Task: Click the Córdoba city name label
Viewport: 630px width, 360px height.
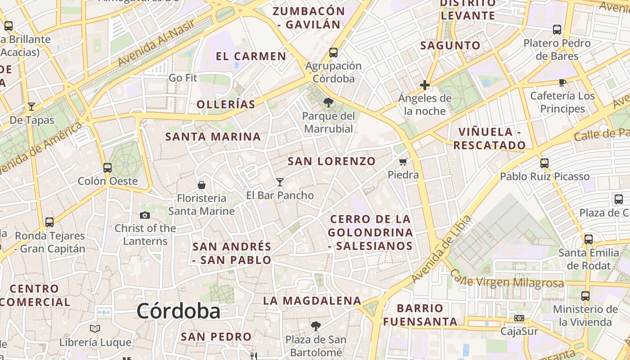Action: point(179,311)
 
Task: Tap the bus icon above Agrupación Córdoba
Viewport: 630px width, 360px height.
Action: point(333,52)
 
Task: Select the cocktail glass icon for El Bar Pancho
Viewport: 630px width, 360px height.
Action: point(280,182)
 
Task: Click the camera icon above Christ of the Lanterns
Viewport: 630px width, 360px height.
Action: point(145,215)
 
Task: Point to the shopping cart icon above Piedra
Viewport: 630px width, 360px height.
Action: point(403,162)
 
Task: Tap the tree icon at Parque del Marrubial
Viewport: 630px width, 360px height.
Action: point(328,103)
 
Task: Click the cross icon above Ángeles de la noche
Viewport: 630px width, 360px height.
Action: point(424,85)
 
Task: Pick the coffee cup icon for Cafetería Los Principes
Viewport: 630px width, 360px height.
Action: point(562,82)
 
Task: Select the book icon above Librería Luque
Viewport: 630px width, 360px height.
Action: point(95,328)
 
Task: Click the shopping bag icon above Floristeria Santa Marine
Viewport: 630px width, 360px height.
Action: point(202,185)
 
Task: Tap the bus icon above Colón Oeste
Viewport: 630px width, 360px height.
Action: point(108,168)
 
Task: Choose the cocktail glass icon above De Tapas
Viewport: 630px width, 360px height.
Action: point(31,107)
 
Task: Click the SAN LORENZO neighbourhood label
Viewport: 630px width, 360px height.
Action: point(332,161)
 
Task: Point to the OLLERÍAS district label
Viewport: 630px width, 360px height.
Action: point(226,104)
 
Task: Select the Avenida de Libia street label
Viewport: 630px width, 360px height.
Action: point(441,249)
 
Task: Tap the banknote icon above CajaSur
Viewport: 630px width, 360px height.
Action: point(519,318)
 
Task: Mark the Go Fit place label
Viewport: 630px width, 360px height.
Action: point(183,78)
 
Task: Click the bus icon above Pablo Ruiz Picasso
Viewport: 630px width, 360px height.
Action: point(544,163)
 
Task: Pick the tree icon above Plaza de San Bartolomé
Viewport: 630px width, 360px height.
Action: point(316,326)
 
